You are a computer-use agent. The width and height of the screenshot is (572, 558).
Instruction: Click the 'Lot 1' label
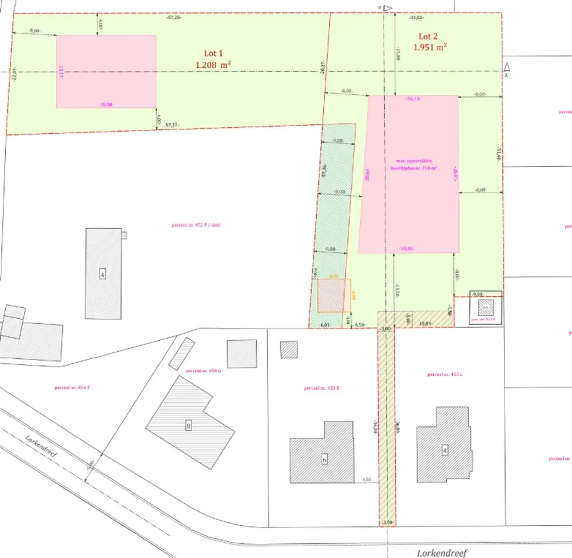coord(213,54)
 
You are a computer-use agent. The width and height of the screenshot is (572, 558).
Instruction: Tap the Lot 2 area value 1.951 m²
coord(430,47)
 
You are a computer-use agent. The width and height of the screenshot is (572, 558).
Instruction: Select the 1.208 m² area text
coord(213,65)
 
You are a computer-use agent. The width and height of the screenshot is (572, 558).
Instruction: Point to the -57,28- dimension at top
coord(174,18)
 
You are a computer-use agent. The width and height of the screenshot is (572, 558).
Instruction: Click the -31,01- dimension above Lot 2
coord(416,18)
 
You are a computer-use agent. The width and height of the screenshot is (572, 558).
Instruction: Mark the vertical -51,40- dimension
coord(498,154)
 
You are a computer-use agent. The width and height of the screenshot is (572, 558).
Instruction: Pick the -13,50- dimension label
coord(397,290)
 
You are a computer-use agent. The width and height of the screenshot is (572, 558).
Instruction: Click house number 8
coord(188,426)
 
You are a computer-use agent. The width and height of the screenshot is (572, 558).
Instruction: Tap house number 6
coord(324,459)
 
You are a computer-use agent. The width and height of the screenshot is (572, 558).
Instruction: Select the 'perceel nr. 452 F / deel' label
coord(196,225)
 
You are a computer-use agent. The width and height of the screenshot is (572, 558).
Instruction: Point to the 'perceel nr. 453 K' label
coord(322,388)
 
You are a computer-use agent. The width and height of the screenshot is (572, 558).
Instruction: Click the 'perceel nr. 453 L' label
coord(445,374)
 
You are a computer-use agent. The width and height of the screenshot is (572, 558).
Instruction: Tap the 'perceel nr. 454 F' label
coord(72,388)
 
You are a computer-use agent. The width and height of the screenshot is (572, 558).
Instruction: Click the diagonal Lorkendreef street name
coord(41,446)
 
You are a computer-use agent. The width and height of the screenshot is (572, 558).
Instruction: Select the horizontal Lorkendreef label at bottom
coord(442,553)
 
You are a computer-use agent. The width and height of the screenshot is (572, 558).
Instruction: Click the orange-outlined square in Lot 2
coord(334,295)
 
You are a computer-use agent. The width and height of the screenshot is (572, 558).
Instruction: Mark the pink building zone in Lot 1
coord(106,71)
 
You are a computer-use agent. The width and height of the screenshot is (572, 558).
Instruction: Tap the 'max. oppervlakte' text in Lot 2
coord(414,161)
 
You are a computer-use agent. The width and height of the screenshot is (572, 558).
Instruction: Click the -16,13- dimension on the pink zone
coord(413,99)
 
